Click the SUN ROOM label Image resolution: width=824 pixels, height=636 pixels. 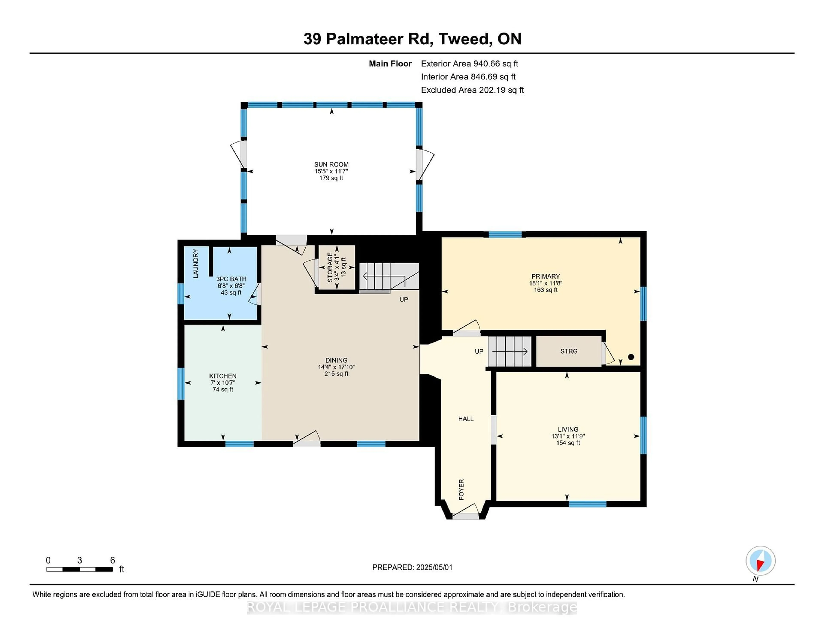(x=331, y=164)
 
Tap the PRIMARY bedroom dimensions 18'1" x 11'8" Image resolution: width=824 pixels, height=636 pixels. (x=545, y=283)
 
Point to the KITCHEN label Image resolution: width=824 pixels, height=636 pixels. (x=223, y=376)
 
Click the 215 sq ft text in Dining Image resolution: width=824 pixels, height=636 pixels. (x=336, y=374)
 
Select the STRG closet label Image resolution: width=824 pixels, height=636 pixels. (x=569, y=351)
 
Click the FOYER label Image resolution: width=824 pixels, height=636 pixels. (x=461, y=490)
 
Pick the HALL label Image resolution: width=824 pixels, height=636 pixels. (x=466, y=418)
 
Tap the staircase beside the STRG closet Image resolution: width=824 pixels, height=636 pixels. (x=509, y=351)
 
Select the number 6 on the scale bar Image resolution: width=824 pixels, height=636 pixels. (x=112, y=560)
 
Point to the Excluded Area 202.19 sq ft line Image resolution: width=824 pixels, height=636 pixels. (x=472, y=90)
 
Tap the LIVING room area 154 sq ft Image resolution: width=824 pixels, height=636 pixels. (x=568, y=443)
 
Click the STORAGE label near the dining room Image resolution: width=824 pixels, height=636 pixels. (x=330, y=267)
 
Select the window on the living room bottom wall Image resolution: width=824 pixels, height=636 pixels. (x=588, y=504)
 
